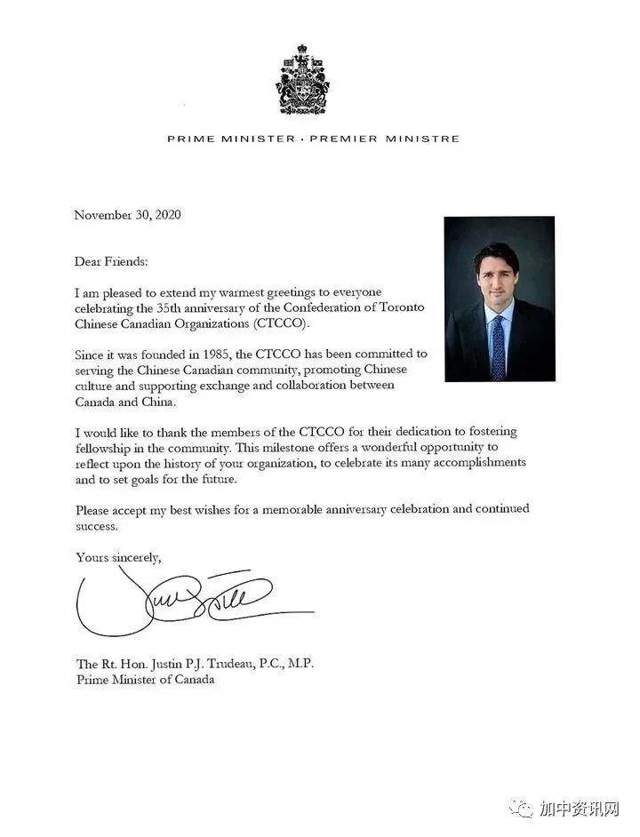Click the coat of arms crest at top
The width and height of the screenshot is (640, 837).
(302, 79)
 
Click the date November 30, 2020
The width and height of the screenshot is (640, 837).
(127, 215)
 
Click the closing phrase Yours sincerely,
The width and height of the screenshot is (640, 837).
(118, 557)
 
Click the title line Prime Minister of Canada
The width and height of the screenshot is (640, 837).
(145, 680)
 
